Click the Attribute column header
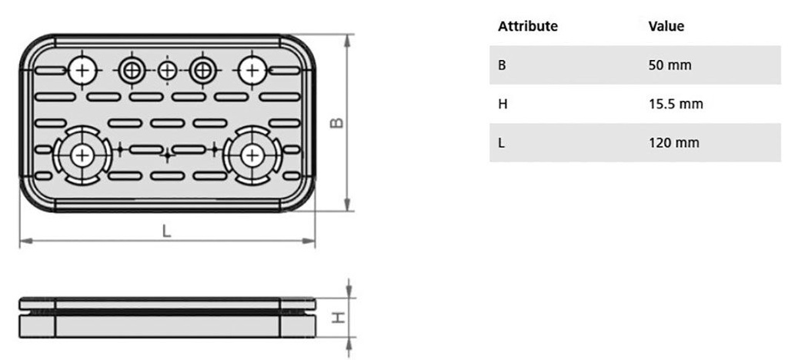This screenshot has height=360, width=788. click(x=528, y=26)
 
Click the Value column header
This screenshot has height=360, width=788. click(x=666, y=26)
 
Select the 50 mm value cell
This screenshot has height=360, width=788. click(x=670, y=65)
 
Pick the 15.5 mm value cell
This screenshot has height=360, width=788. click(x=676, y=105)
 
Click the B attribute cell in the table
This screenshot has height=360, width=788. click(x=502, y=65)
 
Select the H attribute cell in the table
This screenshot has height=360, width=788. click(x=503, y=105)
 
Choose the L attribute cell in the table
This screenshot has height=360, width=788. click(x=501, y=143)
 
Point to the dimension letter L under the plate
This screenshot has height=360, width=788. click(x=167, y=231)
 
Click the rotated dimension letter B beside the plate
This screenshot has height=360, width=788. click(x=339, y=122)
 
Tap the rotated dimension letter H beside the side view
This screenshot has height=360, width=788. click(x=339, y=317)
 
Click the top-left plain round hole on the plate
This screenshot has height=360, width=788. click(x=83, y=70)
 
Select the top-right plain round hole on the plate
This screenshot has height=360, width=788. click(x=252, y=70)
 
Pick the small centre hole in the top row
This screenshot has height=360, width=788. click(x=167, y=70)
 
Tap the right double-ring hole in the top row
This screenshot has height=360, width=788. click(x=203, y=70)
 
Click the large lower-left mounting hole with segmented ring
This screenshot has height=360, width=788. click(x=83, y=155)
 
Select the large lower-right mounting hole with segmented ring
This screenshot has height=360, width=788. click(x=252, y=155)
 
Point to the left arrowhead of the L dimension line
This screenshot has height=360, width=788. click(x=26, y=242)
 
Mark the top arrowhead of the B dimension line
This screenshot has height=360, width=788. click(x=347, y=42)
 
